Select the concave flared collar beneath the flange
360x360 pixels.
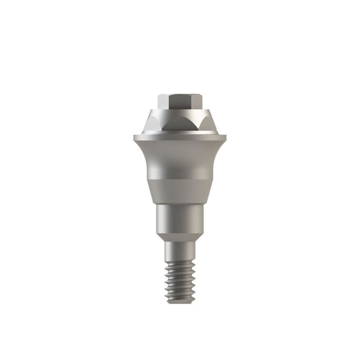coord(180,157)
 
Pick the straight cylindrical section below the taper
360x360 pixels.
coord(180,218)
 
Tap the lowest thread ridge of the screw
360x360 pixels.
coord(180,299)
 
